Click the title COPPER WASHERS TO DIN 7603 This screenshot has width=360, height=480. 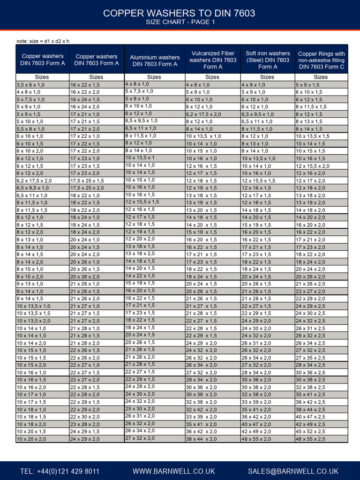click(180, 13)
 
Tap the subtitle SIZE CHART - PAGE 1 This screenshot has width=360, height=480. click(180, 22)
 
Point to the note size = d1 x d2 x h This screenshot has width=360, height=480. click(43, 41)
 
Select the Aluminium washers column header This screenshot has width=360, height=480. click(155, 60)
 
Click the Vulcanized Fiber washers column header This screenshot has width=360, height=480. click(213, 60)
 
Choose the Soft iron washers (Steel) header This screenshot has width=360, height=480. click(268, 60)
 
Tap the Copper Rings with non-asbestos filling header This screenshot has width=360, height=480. click(321, 60)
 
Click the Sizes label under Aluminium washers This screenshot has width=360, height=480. click(154, 77)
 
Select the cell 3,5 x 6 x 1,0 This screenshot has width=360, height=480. click(31, 85)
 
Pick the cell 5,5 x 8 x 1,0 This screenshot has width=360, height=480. click(31, 129)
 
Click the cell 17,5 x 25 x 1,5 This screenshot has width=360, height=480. click(87, 180)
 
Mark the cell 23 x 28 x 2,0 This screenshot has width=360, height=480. click(85, 424)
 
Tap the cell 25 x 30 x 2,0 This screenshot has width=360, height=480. click(140, 409)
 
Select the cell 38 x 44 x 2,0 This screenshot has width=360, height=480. click(201, 439)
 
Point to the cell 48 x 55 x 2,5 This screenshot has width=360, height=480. click(310, 439)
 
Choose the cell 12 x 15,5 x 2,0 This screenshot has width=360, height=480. click(312, 166)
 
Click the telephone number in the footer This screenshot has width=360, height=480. click(60, 471)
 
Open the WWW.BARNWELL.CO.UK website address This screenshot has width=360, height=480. click(173, 471)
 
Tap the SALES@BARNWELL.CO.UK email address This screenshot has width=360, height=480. click(293, 471)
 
